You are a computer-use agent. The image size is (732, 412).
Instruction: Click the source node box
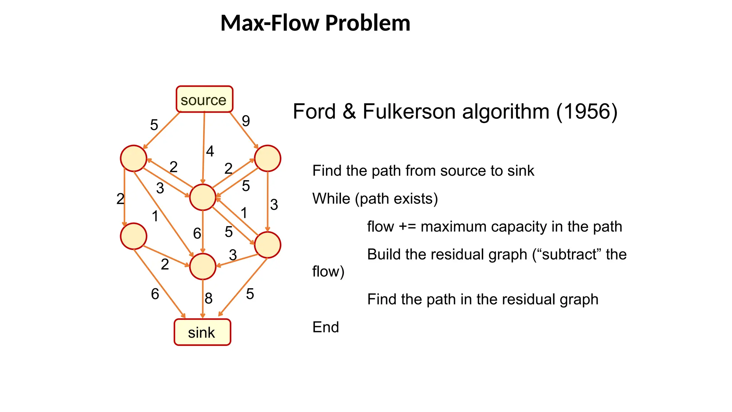(x=204, y=99)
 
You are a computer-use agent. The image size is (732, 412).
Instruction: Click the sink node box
(x=202, y=332)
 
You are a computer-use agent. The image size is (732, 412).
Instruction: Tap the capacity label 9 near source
(x=246, y=121)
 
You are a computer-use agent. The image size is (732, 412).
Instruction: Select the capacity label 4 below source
(x=210, y=151)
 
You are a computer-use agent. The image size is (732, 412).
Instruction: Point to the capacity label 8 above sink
(x=208, y=298)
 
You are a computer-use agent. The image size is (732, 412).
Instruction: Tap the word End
(x=325, y=327)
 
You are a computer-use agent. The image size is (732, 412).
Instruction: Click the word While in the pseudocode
(x=331, y=198)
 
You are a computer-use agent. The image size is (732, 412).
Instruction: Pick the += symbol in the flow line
(x=407, y=227)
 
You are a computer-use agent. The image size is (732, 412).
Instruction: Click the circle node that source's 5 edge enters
(x=134, y=158)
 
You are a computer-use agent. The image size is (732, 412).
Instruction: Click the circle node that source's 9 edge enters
(x=267, y=158)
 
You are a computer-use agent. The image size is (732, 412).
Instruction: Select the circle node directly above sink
(x=203, y=266)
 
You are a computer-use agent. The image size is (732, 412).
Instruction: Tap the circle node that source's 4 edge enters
(x=203, y=197)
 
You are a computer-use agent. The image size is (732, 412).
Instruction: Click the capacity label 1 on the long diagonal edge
(x=155, y=216)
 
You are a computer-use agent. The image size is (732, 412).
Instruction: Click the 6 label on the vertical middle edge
(x=197, y=234)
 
